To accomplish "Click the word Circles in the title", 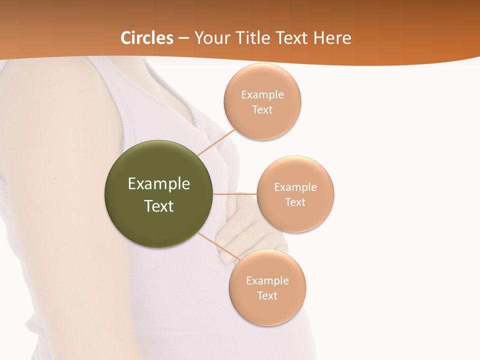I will click(x=147, y=38).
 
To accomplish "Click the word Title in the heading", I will click(x=251, y=38).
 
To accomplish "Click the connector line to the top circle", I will click(x=216, y=142).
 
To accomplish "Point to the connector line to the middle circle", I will click(x=234, y=194).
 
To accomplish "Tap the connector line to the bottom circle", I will click(x=218, y=245).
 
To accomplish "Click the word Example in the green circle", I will click(x=159, y=184).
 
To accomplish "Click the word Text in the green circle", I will click(x=159, y=206).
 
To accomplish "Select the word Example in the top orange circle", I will click(x=262, y=95).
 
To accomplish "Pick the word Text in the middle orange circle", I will click(x=295, y=202).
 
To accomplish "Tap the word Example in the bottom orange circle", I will click(x=267, y=280).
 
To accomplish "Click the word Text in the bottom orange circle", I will click(x=267, y=295).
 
